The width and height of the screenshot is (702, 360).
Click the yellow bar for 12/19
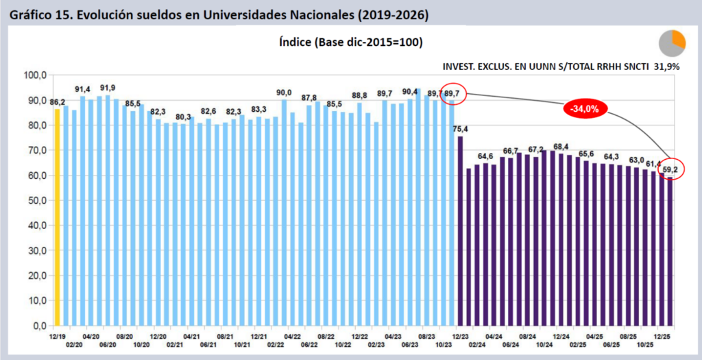pos(58,217)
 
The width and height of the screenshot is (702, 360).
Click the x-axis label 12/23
pos(460,337)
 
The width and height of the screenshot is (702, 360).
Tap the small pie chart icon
pos(672,43)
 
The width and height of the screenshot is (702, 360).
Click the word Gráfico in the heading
pos(30,14)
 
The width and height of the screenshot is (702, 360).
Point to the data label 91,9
pos(108,88)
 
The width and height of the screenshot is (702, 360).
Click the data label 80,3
pos(183,117)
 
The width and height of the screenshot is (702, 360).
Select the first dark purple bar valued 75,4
pos(460,231)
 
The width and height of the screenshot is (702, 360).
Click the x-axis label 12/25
pos(662,337)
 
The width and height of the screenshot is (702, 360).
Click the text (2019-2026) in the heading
pos(395,14)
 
